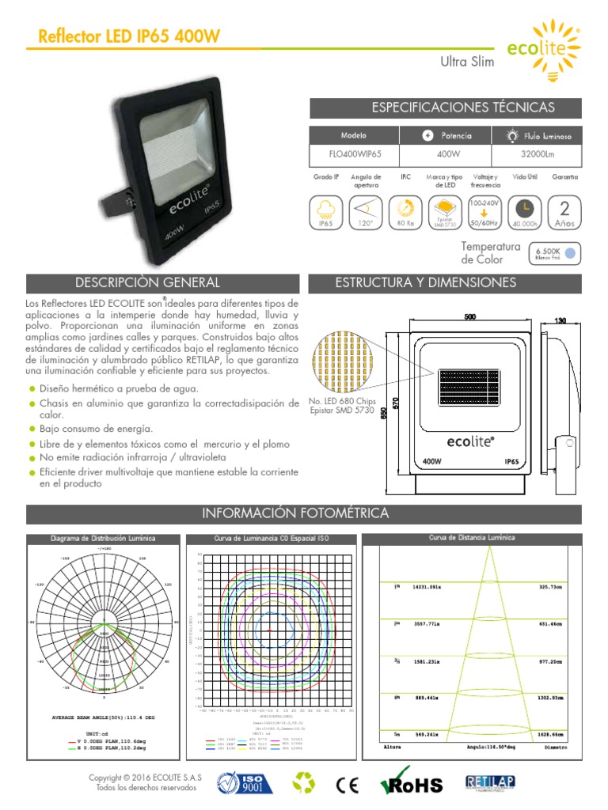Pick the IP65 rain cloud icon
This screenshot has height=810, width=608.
tap(325, 212)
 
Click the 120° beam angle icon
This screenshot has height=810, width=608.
tap(367, 212)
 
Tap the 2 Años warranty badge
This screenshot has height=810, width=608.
tap(564, 212)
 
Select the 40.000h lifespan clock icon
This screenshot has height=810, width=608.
tap(525, 212)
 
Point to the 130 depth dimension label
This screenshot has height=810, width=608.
tap(560, 320)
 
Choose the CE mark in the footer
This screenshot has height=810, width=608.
tap(348, 784)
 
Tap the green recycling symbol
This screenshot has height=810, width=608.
tap(304, 784)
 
